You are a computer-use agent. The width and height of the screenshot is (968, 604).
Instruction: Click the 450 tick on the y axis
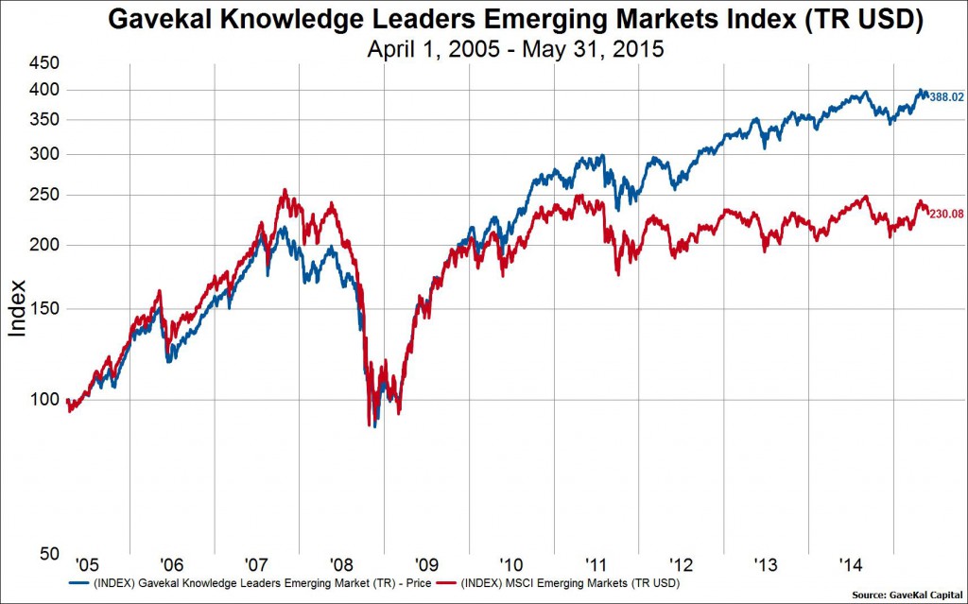pyautogui.click(x=45, y=63)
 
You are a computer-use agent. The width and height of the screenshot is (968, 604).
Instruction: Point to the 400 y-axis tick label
pyautogui.click(x=45, y=90)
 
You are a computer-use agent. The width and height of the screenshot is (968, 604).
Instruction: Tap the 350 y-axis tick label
pyautogui.click(x=45, y=120)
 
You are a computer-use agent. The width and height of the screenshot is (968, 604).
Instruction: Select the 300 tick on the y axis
pyautogui.click(x=45, y=154)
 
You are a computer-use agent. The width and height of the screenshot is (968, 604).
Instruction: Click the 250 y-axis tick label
pyautogui.click(x=45, y=196)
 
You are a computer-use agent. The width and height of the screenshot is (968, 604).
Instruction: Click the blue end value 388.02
pyautogui.click(x=948, y=96)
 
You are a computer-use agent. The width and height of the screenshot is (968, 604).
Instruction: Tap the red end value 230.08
pyautogui.click(x=948, y=214)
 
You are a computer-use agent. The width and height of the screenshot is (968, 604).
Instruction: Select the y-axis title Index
pyautogui.click(x=18, y=308)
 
